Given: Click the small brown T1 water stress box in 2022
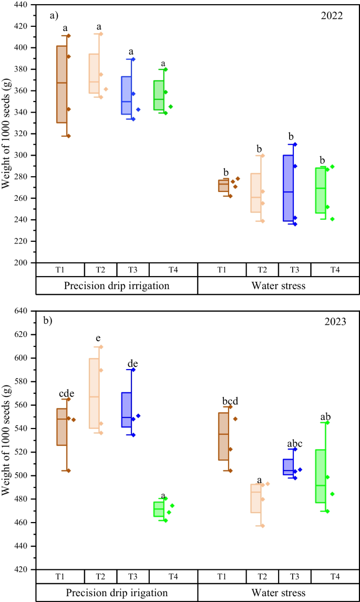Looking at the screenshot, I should pyautogui.click(x=223, y=186).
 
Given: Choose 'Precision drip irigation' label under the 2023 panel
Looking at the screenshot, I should pyautogui.click(x=116, y=593).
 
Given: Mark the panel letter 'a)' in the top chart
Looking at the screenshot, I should pyautogui.click(x=54, y=15).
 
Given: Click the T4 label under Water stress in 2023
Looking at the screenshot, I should pyautogui.click(x=334, y=576).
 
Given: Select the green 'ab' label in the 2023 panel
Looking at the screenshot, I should pyautogui.click(x=326, y=417).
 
